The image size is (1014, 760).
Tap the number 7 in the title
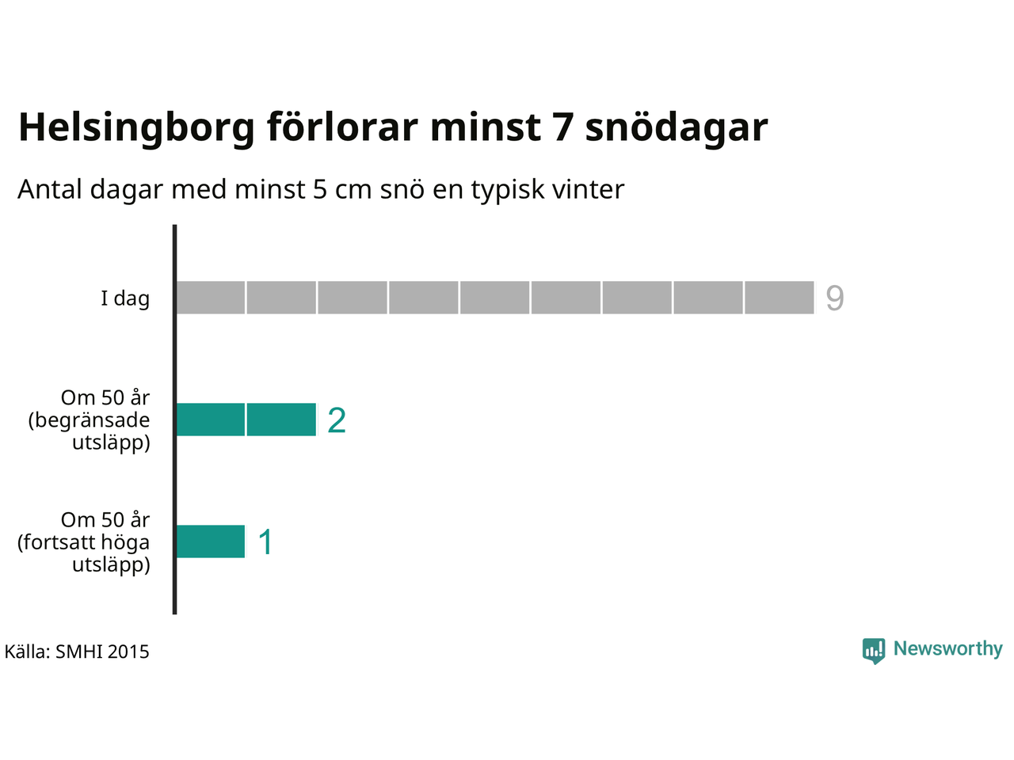point(563,127)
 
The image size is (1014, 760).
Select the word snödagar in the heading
point(677,127)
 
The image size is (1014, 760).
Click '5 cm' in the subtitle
point(342,189)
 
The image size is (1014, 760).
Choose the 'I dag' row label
point(125,298)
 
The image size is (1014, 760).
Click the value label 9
point(834,298)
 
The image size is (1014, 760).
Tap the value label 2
point(337,420)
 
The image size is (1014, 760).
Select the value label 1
point(265,541)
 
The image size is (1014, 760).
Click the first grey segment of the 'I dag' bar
point(211,298)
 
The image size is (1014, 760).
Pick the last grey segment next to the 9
point(780,298)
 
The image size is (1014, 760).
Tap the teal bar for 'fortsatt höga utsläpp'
point(211,541)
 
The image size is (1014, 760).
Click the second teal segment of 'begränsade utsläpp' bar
point(282,420)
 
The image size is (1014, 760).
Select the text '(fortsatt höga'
point(84,542)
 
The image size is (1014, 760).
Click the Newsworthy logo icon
point(874,651)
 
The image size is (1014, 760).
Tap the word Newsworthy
point(948,648)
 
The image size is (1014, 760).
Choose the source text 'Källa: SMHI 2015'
point(77,652)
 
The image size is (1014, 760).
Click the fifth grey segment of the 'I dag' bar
point(495,298)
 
